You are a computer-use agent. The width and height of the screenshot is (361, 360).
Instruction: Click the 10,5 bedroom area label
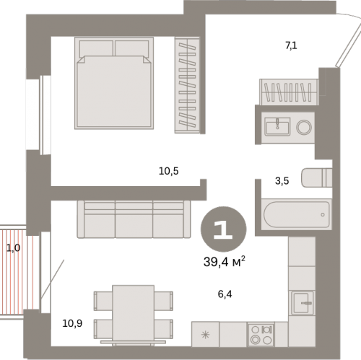click(x=169, y=171)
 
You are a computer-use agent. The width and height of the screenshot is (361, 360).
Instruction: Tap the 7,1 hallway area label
click(x=291, y=45)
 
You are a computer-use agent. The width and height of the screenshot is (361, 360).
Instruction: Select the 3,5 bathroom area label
click(x=282, y=180)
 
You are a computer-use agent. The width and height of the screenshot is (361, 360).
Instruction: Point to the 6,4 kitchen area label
click(x=225, y=294)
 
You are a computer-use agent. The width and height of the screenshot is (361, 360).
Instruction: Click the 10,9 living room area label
click(x=72, y=323)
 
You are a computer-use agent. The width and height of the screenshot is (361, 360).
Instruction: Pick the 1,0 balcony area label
click(x=13, y=248)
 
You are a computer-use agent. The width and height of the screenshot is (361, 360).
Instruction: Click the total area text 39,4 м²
click(x=225, y=261)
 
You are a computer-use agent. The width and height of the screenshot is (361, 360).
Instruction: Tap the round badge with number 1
click(x=224, y=229)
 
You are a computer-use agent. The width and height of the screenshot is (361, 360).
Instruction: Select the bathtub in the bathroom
click(x=297, y=214)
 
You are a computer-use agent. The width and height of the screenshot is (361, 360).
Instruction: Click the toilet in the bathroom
click(x=317, y=177)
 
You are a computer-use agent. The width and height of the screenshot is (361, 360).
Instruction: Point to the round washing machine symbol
click(x=304, y=127)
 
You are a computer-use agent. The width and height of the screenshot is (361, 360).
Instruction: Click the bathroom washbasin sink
click(x=277, y=126)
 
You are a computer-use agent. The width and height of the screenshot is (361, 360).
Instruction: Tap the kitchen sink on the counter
click(x=303, y=303)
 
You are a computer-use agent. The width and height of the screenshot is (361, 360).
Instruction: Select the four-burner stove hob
click(x=261, y=335)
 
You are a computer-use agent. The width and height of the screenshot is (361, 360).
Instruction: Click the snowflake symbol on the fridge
click(x=205, y=335)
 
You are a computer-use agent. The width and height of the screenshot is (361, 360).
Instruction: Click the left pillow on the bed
click(x=96, y=48)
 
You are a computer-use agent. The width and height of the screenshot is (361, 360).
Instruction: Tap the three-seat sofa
click(x=134, y=219)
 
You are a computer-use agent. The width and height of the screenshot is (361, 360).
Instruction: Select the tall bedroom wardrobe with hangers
click(x=187, y=85)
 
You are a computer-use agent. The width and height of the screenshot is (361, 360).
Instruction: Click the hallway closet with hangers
click(x=289, y=92)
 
